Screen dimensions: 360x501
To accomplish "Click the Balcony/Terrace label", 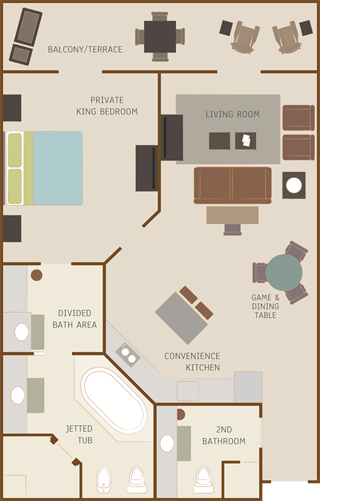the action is tap(85, 50).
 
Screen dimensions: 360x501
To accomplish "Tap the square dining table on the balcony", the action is tap(160, 37).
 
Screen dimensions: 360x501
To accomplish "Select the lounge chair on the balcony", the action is tap(26, 36).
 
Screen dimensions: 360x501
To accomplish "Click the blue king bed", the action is tap(44, 168).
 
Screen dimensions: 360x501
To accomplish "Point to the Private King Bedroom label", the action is tap(107, 106).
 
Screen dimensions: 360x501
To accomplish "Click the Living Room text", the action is tap(232, 114).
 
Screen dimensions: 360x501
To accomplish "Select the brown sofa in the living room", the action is tap(233, 185).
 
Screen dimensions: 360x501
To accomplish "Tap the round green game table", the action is tap(284, 273).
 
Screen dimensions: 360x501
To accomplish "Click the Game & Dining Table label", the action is tap(265, 306).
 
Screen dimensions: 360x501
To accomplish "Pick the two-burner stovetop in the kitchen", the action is tap(128, 355).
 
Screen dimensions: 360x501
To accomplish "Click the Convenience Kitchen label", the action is tap(192, 362).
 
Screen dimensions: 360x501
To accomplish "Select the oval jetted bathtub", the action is tap(114, 400).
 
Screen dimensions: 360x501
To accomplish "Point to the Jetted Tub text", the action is tap(79, 434).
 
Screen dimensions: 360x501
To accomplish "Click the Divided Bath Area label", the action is tap(75, 319).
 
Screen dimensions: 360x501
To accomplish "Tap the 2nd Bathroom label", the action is tap(224, 435).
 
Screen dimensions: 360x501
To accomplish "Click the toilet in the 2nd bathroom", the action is tap(204, 480).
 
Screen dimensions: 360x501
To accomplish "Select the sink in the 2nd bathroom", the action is tap(167, 444).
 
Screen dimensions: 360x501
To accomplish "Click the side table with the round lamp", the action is tap(294, 185).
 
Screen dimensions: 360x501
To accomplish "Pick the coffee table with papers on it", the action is tap(246, 141).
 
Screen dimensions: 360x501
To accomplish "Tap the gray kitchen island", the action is tap(181, 318).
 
